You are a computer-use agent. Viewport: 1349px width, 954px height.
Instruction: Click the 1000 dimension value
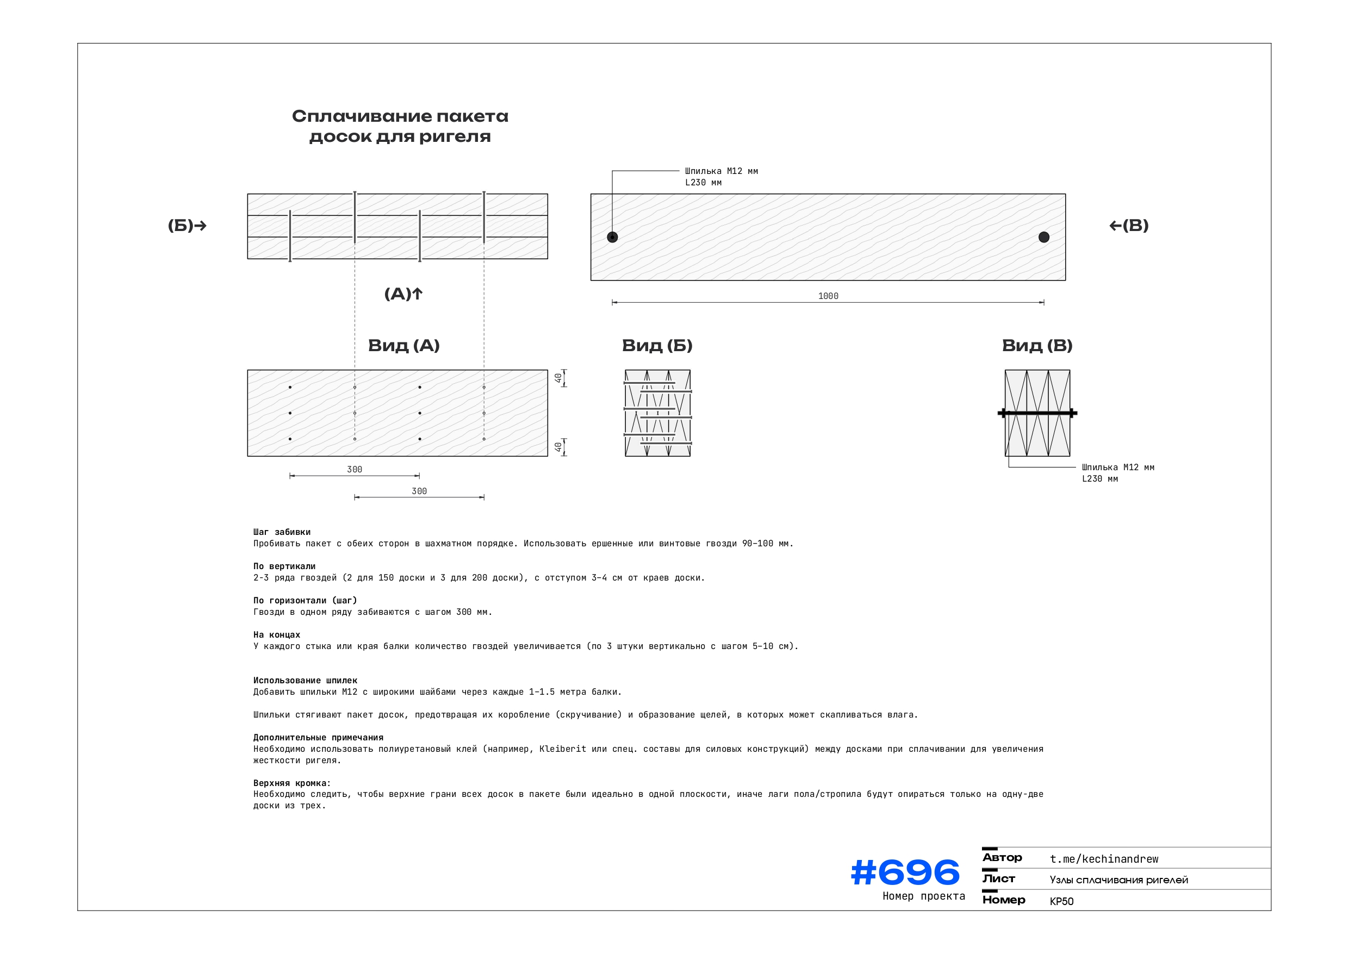[828, 296]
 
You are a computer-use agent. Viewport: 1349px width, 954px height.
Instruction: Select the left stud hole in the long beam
[612, 238]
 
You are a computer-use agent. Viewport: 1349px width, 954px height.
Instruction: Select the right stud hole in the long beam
[1043, 238]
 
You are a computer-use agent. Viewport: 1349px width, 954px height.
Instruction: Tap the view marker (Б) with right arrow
[187, 226]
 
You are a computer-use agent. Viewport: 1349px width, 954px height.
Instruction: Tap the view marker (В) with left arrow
[1129, 226]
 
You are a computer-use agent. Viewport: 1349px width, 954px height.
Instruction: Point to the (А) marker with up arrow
[403, 294]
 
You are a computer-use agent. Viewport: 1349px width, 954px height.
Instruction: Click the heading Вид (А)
[403, 345]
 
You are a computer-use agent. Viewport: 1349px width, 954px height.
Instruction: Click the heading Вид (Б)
[657, 345]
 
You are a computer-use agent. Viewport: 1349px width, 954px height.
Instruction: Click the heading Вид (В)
[1037, 345]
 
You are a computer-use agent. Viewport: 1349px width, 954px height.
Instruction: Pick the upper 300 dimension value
[355, 469]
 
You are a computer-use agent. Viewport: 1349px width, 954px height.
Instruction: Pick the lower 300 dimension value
[419, 491]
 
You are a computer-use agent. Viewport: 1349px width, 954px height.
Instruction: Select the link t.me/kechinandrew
[1104, 859]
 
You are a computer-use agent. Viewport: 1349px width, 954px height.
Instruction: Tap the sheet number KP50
[1061, 901]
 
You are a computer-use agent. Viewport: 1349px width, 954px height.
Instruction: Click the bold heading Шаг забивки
[282, 532]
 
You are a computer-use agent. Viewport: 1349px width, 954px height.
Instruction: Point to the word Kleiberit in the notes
[562, 749]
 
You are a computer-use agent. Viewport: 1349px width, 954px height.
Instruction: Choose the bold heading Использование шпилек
[305, 680]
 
